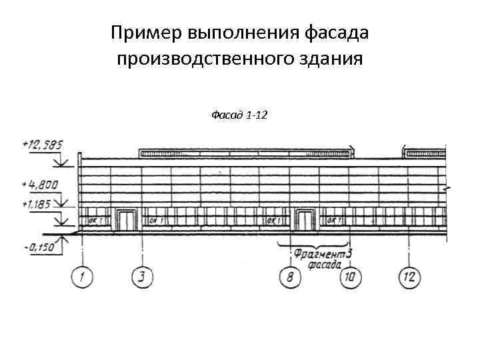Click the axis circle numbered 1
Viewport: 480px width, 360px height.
[81, 276]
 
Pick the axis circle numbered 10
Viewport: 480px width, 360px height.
[351, 277]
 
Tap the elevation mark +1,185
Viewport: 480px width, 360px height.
[37, 203]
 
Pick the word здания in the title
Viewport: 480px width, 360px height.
[333, 59]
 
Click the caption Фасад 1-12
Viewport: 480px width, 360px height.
[239, 115]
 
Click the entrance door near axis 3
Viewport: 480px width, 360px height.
[125, 220]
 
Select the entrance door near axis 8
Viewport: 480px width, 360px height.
[305, 220]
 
